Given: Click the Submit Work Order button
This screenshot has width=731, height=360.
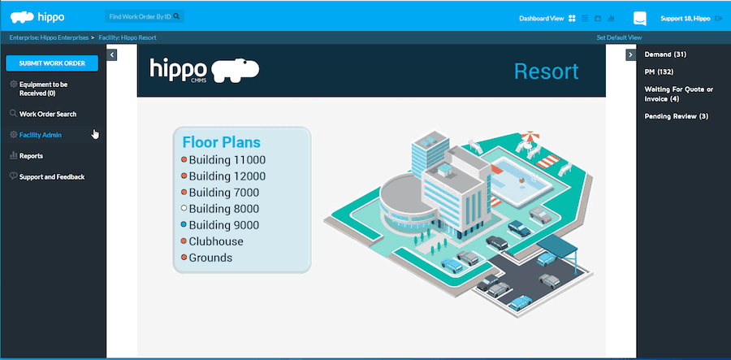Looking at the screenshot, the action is pos(52,63).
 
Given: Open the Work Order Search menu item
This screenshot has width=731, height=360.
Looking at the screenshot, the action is pos(48,114).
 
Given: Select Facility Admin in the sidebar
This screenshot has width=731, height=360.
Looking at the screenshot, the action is pos(40,135).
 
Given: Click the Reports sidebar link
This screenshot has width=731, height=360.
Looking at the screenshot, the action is pos(31,156).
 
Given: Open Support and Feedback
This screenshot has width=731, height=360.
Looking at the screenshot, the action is pos(52,176).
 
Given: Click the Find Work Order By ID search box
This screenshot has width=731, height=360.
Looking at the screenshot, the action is pos(144,16).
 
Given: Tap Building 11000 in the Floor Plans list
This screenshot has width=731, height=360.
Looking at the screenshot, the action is pos(227,160).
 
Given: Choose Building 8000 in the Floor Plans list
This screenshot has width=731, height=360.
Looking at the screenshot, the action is pos(224,209).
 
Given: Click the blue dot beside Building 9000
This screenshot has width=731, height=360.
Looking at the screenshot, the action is pos(184,225).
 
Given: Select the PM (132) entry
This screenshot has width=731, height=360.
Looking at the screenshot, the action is pos(659,72).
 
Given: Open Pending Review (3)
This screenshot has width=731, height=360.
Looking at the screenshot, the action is pos(677,116).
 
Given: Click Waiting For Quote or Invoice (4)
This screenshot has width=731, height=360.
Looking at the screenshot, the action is pos(679,93).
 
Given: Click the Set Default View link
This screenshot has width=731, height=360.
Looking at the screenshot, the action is pos(619,37).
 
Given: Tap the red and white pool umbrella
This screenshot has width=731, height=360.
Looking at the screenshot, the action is pos(530,137).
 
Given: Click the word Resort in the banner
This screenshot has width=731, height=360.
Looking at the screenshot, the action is pos(546,72).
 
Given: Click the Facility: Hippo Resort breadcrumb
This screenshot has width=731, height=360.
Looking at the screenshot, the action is pos(128,37).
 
